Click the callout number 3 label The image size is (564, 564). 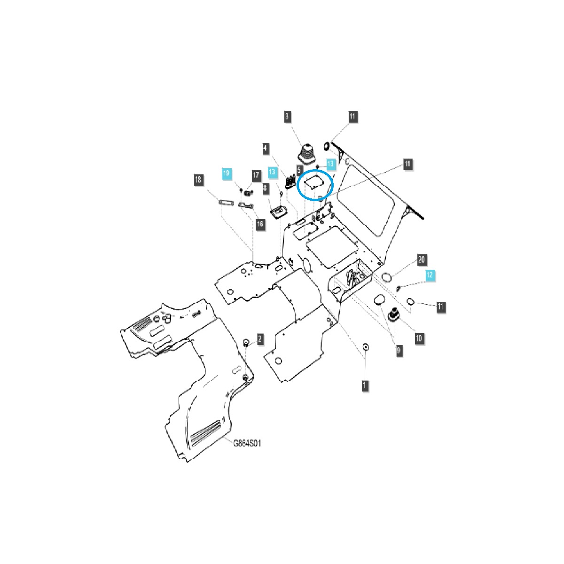coord(287,117)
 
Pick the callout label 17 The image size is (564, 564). coord(256,175)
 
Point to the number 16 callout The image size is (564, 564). coord(260,224)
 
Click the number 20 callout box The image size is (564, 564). coord(421,260)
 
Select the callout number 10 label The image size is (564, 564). coord(419,338)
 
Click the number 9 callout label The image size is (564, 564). coord(399,350)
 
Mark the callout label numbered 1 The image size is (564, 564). coord(365,386)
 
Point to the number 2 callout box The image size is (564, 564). coord(260,338)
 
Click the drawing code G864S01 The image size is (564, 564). coord(247,443)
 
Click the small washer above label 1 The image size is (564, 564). coord(366,347)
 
